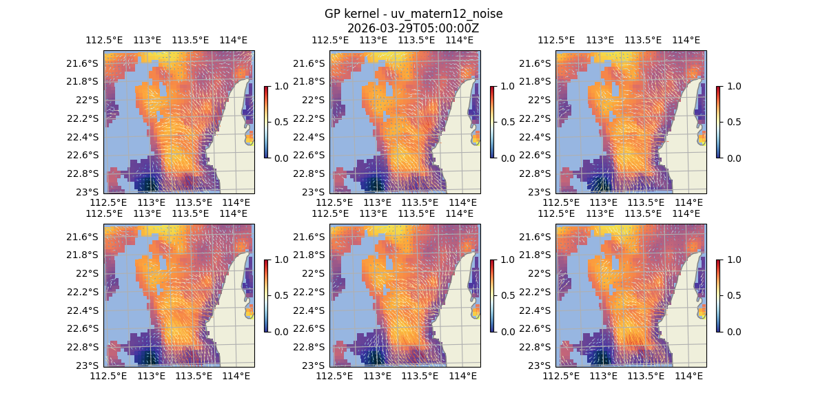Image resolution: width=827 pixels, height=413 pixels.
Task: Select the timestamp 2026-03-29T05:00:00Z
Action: pos(413,28)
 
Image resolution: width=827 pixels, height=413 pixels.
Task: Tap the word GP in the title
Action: pos(333,14)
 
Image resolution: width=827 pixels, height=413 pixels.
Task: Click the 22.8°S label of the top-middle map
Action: pos(311,173)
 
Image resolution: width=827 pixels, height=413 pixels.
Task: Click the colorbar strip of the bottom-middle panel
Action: pos(492,295)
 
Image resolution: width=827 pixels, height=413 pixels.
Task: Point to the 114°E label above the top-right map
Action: pos(686,40)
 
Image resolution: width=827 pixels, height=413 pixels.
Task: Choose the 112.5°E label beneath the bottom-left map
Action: pos(109,376)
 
